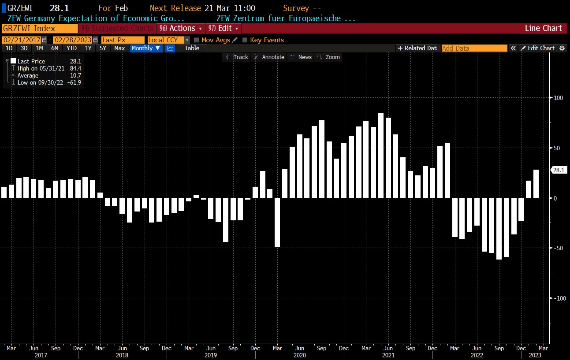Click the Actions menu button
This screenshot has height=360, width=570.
click(181, 28)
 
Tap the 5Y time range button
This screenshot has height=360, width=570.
click(103, 48)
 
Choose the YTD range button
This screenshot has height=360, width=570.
click(71, 48)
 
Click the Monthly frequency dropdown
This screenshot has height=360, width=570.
click(146, 48)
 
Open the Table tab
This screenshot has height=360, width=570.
click(192, 48)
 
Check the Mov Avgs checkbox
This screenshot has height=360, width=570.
click(197, 40)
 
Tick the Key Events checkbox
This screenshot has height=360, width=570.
click(245, 40)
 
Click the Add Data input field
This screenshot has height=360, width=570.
click(474, 48)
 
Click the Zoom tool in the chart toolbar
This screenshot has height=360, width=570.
click(329, 57)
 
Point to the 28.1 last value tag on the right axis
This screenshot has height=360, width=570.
click(559, 170)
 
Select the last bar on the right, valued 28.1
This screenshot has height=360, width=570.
click(536, 184)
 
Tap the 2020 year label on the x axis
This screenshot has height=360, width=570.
click(299, 355)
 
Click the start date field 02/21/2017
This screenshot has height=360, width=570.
click(22, 40)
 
